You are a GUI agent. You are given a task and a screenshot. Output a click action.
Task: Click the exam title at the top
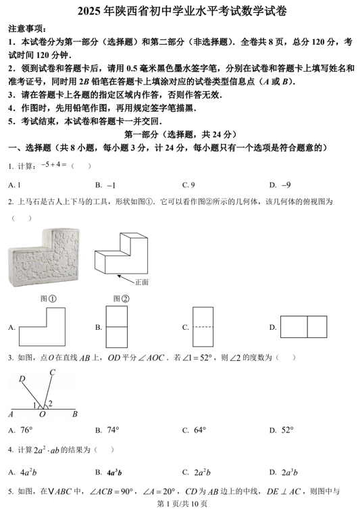[x=179, y=11]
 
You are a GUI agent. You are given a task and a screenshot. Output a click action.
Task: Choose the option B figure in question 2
[x=118, y=327]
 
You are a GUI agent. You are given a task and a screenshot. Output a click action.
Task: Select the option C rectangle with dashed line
[x=203, y=327]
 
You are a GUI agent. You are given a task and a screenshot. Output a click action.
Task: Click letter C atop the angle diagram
[x=52, y=372]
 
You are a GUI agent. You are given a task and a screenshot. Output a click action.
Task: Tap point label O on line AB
[x=43, y=414]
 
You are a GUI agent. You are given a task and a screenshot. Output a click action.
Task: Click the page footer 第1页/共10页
[x=180, y=504]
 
